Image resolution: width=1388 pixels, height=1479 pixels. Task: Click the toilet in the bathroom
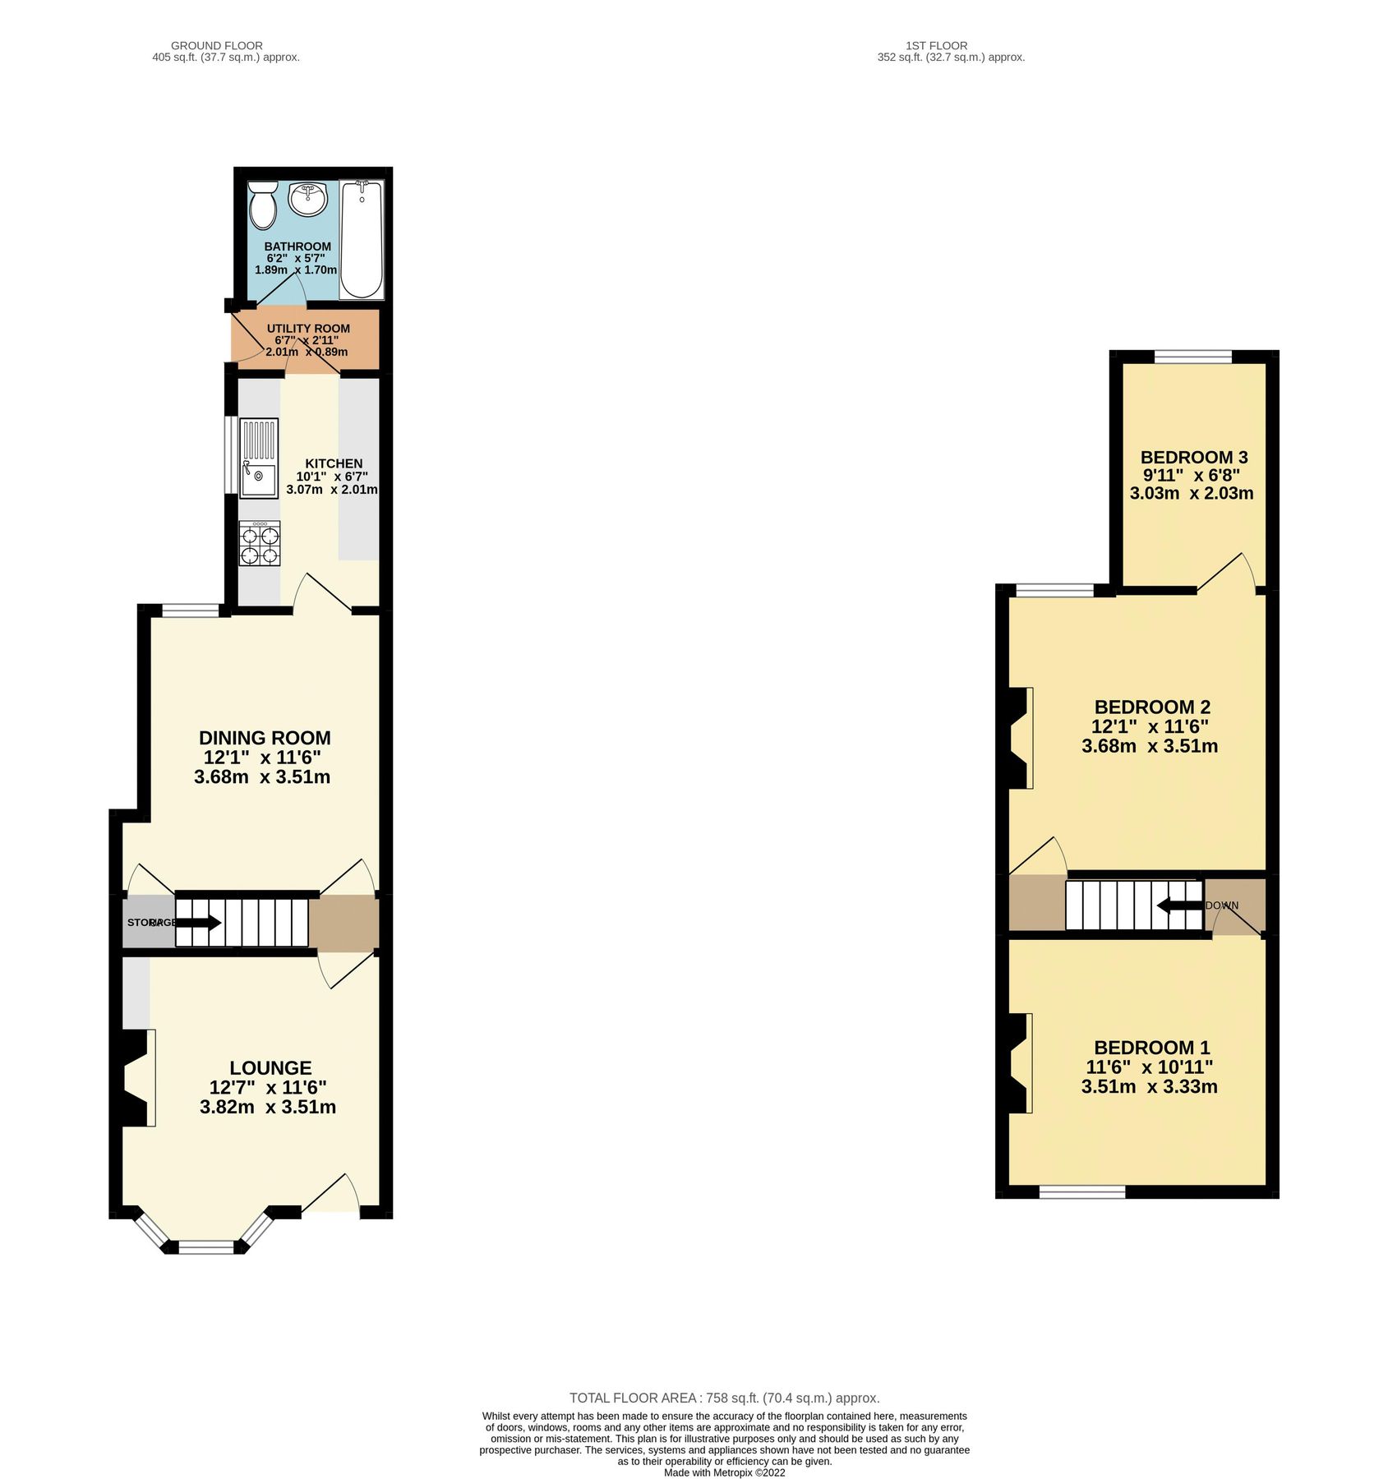[x=263, y=205]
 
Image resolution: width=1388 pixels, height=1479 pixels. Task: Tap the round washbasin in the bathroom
[x=308, y=199]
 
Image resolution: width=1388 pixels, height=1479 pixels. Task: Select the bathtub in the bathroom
[x=362, y=239]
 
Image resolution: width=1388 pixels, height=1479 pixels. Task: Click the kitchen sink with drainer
[x=259, y=458]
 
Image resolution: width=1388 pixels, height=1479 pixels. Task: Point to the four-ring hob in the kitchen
[x=260, y=544]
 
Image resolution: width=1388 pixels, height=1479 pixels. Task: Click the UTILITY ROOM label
[x=308, y=329]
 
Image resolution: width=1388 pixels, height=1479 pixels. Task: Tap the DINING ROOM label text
[x=265, y=738]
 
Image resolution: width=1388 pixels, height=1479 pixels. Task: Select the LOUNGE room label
[x=270, y=1068]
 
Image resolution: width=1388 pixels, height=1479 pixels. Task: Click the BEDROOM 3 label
[x=1194, y=457]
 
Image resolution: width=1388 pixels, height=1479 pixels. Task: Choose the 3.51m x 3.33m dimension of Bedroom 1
[x=1149, y=1086]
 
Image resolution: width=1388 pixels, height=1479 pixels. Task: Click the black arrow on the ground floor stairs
[x=198, y=923]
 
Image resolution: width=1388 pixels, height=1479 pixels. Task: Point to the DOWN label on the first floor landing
[x=1222, y=905]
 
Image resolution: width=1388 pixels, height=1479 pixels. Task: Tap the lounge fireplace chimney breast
[x=136, y=1077]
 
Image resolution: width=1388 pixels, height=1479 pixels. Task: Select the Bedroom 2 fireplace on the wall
[x=1020, y=737]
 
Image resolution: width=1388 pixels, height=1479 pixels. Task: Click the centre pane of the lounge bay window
[x=206, y=1246]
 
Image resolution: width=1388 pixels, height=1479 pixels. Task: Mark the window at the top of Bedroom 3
[x=1193, y=356]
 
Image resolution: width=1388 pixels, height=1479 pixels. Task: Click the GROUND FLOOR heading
[x=217, y=46]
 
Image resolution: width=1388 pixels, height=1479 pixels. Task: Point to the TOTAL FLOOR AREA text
[x=724, y=1398]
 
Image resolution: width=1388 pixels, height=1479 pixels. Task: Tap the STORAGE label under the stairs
[x=150, y=923]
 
